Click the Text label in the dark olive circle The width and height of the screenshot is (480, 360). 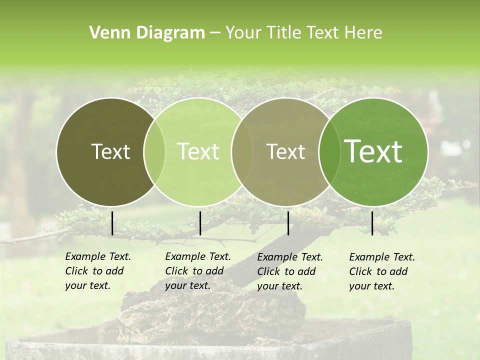(110, 151)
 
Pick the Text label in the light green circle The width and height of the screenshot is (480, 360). (198, 151)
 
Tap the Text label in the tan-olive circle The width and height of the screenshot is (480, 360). (285, 151)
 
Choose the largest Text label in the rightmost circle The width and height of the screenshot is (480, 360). (373, 151)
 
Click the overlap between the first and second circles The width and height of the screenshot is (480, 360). (154, 152)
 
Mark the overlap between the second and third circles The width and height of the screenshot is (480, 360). (242, 152)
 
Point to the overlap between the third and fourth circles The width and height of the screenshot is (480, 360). (329, 152)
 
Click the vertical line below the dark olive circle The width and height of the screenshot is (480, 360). (112, 223)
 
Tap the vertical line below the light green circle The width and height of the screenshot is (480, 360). (200, 223)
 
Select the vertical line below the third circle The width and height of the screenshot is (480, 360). (288, 223)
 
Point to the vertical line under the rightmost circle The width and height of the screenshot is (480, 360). (372, 223)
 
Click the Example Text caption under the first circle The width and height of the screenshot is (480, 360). (97, 271)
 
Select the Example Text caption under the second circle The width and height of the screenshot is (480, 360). (197, 271)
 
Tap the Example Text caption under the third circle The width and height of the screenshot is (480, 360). (289, 271)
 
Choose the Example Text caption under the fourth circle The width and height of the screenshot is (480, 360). (381, 271)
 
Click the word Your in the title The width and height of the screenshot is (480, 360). (243, 33)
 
